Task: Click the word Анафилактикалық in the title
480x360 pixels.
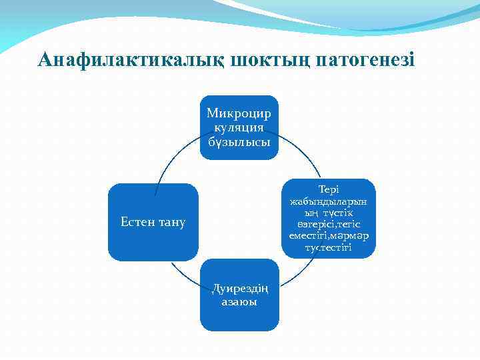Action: coord(131,60)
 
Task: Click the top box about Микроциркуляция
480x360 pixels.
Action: coord(239,127)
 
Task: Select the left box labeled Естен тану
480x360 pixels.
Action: coord(153,221)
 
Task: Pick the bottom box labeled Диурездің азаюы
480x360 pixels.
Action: coord(239,295)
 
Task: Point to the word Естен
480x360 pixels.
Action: coord(138,222)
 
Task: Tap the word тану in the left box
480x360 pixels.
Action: coord(171,222)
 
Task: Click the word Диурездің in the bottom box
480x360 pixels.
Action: coord(239,288)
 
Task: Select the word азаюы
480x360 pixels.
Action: coord(239,301)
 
